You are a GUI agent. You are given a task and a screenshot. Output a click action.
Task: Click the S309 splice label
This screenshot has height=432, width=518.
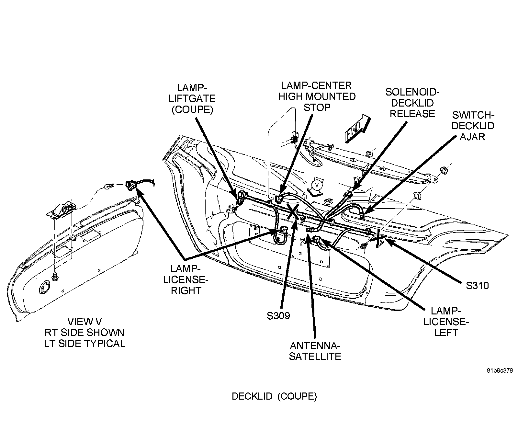[x=278, y=315]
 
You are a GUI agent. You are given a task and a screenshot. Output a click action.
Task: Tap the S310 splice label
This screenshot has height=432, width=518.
[x=477, y=285]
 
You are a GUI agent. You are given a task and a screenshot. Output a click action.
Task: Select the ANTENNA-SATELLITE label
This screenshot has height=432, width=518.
[x=315, y=351]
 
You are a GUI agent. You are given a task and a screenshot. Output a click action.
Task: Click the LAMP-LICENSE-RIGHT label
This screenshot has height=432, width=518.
[x=186, y=279]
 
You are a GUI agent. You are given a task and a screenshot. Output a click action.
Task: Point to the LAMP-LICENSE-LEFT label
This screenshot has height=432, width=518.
[x=446, y=322]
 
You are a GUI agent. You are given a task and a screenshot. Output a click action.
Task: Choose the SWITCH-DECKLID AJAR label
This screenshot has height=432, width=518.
[x=473, y=126]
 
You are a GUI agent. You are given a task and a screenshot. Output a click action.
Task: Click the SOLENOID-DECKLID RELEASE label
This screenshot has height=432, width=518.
[x=412, y=103]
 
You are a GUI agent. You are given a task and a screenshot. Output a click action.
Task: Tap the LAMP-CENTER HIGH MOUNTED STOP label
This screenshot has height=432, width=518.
[x=316, y=96]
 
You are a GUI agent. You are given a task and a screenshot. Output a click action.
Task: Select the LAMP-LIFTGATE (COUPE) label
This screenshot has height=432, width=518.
[x=192, y=98]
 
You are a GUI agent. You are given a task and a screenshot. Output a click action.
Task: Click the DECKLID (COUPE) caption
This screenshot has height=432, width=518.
[x=274, y=396]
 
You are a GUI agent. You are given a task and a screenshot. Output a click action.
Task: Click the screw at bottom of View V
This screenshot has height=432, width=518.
[x=55, y=277]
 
